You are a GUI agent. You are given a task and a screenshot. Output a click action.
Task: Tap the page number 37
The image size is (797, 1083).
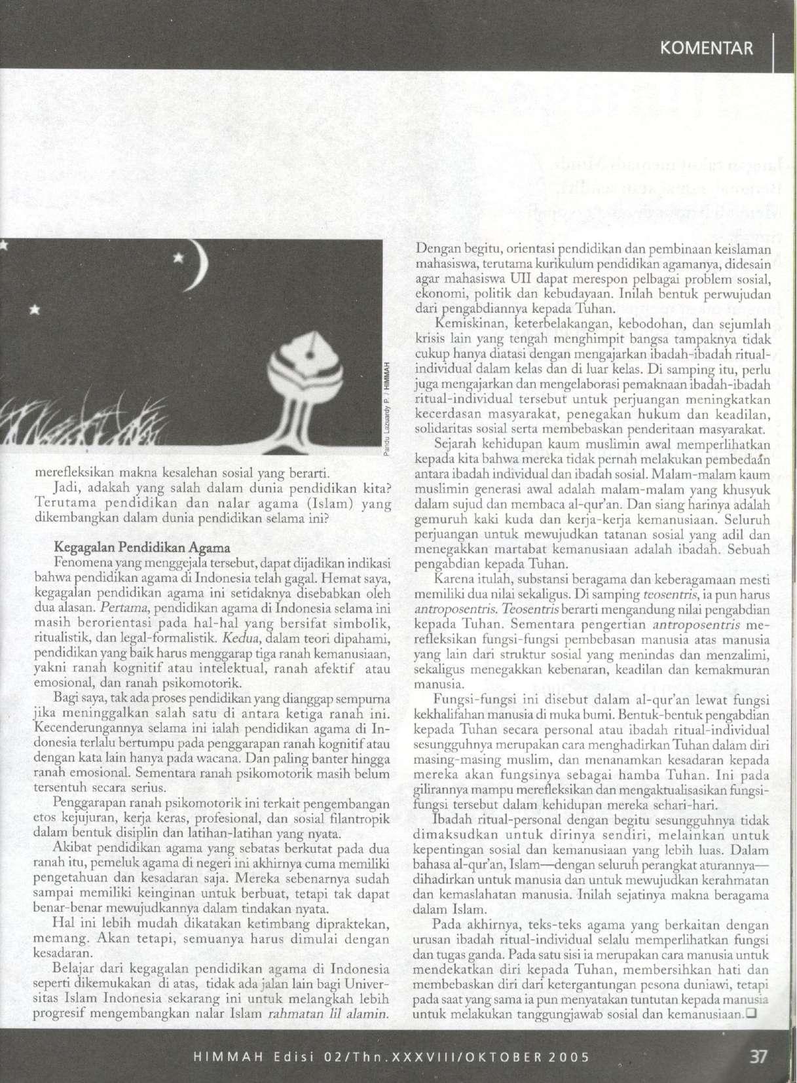click(x=758, y=1056)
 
